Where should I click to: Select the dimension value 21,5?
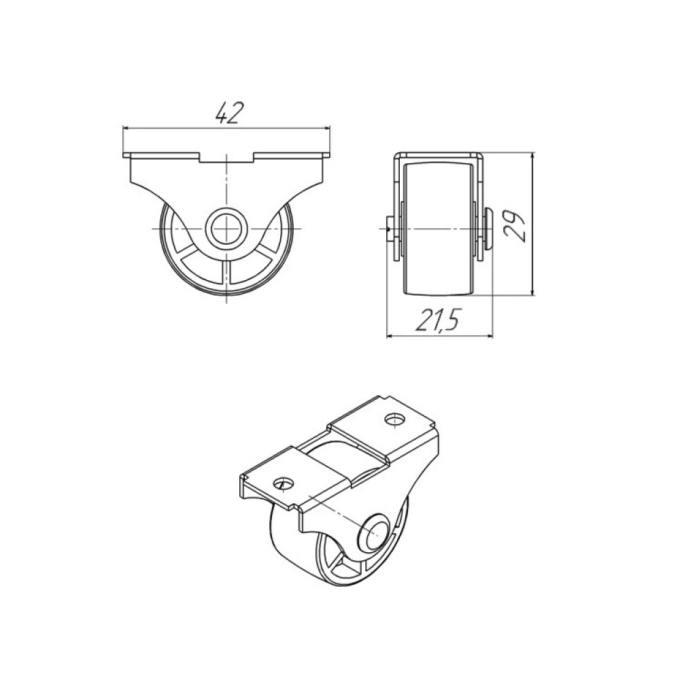437,320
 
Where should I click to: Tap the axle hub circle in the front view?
226,228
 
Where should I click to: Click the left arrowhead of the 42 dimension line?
126,128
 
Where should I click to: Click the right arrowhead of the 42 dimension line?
326,128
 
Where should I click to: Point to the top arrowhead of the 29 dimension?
533,156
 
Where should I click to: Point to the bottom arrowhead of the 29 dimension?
533,292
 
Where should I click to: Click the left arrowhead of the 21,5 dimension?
390,336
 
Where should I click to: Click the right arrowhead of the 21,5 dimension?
490,336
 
